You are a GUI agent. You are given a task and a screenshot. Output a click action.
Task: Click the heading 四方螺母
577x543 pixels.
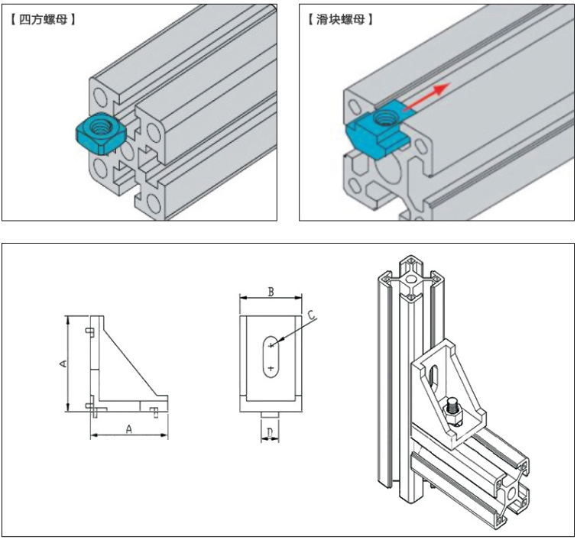click(x=43, y=18)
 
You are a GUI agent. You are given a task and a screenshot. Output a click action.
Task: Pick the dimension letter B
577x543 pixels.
click(x=270, y=291)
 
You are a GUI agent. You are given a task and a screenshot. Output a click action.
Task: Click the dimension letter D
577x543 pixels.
click(x=270, y=434)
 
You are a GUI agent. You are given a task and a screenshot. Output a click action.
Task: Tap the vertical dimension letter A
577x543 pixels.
click(x=63, y=364)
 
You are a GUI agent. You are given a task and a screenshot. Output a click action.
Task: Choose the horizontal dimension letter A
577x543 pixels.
click(x=128, y=430)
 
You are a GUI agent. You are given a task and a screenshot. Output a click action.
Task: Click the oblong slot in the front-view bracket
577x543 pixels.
click(x=270, y=357)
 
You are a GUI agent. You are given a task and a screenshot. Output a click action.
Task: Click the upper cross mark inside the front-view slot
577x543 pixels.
click(x=271, y=346)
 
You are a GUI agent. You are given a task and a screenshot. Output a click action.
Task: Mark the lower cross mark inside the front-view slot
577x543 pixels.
click(x=271, y=369)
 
